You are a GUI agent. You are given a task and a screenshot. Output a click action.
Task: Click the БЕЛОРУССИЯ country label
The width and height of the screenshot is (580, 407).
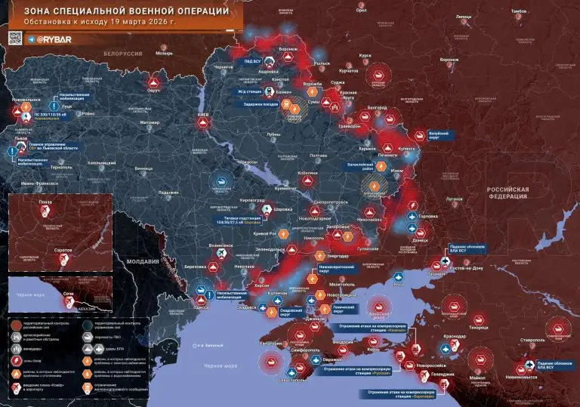pyautogui.click(x=123, y=54)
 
